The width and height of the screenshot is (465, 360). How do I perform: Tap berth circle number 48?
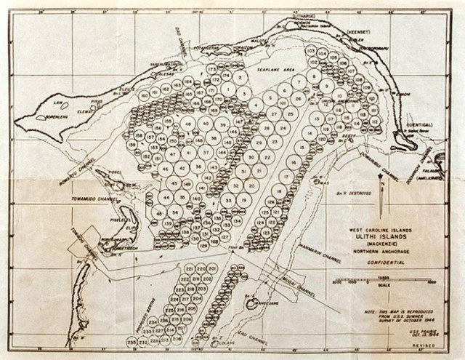click(189, 124)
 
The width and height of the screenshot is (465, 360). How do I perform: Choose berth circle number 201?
click(212, 269)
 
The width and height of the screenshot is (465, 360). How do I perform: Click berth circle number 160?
click(145, 95)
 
